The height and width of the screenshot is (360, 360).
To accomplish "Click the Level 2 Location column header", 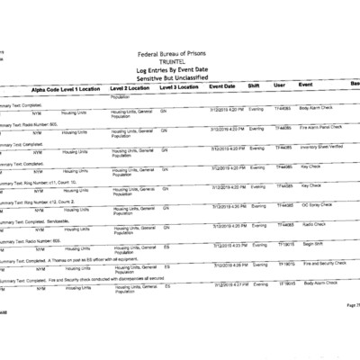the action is [x=130, y=88].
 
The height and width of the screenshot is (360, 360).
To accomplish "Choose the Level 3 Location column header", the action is [x=180, y=87].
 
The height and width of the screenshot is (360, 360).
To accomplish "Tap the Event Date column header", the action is [x=222, y=86].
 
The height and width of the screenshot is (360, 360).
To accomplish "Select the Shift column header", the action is [x=254, y=86].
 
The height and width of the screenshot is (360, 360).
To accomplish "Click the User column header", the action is [x=279, y=85].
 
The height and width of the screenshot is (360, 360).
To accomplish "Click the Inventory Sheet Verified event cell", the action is [x=321, y=147].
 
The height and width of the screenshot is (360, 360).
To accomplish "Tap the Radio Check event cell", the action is [x=313, y=224].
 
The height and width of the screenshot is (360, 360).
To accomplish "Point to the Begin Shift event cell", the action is [x=311, y=244].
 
